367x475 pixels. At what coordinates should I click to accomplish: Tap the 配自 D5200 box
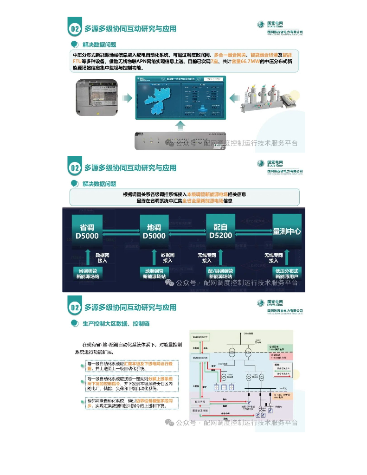coord(220,230)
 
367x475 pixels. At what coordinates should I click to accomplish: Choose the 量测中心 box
coord(287,231)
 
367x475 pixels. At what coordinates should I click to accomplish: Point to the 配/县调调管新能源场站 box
coord(220,273)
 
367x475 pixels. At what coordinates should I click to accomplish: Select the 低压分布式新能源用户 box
coord(287,273)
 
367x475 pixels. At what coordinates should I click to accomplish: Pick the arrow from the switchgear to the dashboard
coord(235,97)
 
